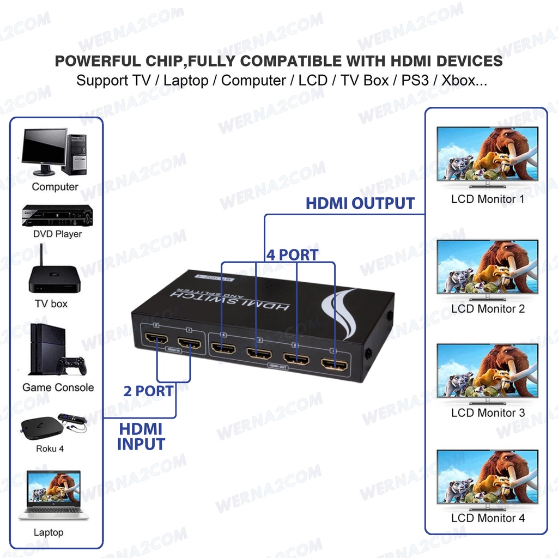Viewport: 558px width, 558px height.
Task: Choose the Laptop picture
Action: click(53, 495)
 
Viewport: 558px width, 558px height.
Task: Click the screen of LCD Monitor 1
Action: click(487, 154)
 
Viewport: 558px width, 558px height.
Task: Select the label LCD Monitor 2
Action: click(488, 309)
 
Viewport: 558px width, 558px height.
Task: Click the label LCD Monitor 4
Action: click(488, 518)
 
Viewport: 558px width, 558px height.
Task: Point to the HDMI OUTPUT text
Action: click(360, 203)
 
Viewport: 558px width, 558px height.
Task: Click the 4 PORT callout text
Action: click(292, 254)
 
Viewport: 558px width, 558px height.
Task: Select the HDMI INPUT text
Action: click(141, 436)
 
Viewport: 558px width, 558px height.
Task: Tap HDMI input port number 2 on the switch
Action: click(157, 343)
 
